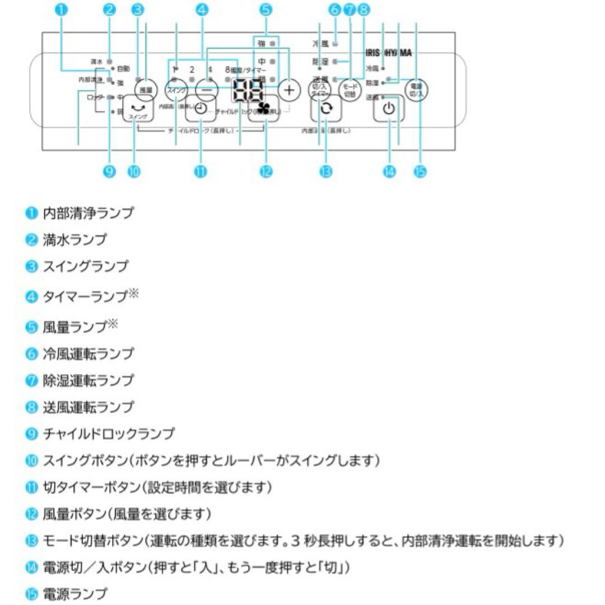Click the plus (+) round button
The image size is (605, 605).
pos(289,89)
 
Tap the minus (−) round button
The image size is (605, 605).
pos(207,89)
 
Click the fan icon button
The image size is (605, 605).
pos(263,109)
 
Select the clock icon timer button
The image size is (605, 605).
pos(201,109)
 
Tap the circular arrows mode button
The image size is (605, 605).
pos(325,109)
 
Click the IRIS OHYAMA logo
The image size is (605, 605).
pos(389,53)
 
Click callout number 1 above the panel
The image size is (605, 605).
pos(62,10)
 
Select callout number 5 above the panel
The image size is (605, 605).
pos(266,10)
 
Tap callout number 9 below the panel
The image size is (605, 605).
pos(110,171)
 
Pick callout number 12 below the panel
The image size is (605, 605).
pos(266,171)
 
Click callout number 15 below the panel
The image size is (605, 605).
pos(420,171)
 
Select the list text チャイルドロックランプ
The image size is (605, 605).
pos(109,434)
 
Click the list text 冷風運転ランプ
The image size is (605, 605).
pos(89,353)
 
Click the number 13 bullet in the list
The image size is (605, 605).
pos(31,541)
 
